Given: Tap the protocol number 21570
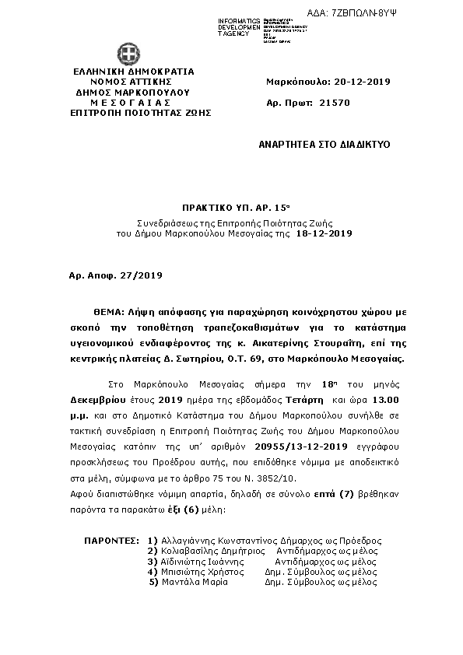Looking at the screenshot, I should [x=335, y=102].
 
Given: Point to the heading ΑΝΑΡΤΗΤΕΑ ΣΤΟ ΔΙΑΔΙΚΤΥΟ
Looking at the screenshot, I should [x=324, y=145].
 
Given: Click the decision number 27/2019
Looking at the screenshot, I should [x=141, y=275].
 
